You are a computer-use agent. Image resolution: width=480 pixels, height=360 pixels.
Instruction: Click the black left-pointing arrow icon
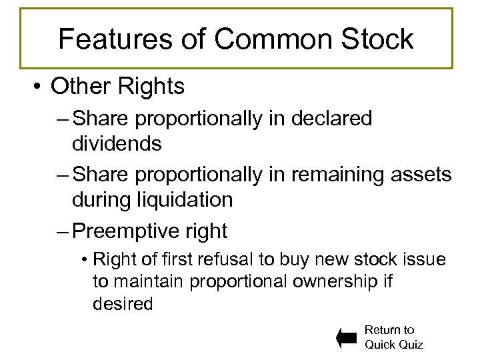(347, 338)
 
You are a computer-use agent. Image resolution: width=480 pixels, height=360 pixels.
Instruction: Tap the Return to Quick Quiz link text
(393, 337)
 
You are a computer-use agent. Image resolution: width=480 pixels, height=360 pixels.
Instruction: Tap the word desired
(123, 304)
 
